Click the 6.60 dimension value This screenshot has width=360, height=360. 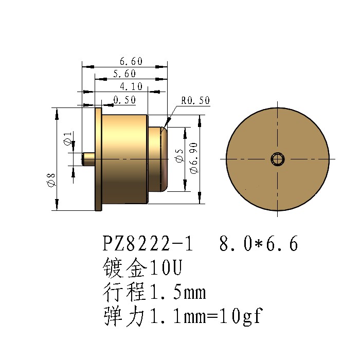[x=131, y=61]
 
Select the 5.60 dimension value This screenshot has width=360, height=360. [x=124, y=74]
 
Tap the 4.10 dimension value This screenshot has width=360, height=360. [x=131, y=86]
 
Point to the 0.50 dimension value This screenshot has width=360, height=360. [x=124, y=100]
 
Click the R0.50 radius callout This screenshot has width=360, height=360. [x=195, y=100]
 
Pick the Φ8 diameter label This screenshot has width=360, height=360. [x=51, y=180]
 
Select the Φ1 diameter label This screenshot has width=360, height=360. [x=68, y=138]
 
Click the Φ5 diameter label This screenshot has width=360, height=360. [x=179, y=156]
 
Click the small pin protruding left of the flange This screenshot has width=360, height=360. [x=88, y=159]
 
